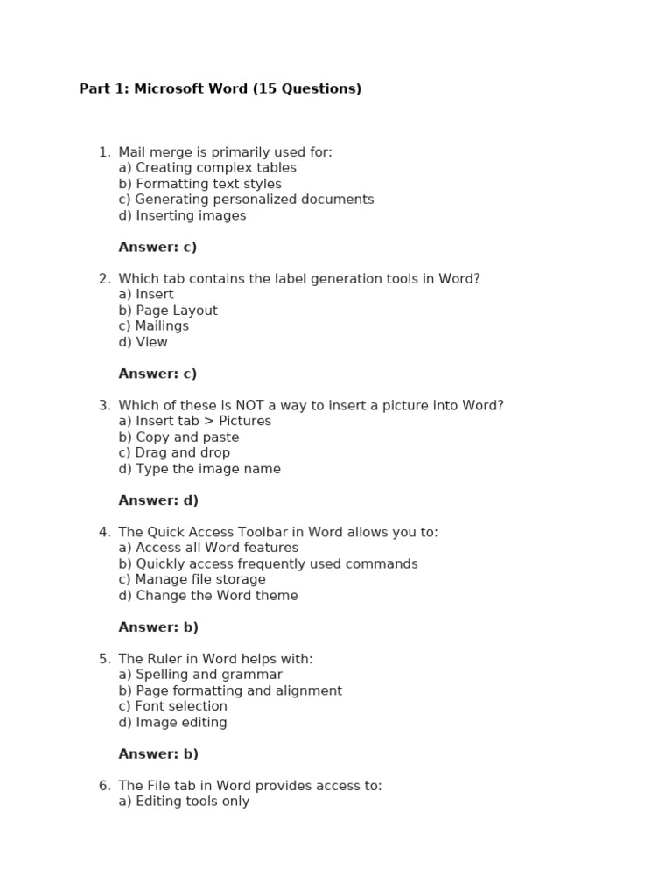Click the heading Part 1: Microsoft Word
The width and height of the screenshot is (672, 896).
pos(220,88)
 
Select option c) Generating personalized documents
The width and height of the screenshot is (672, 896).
pos(246,199)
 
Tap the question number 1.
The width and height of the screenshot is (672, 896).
pos(103,152)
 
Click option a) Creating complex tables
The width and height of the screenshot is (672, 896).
pos(207,168)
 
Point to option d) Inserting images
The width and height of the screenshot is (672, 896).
pos(182,215)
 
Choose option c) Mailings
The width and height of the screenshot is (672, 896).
pos(153,326)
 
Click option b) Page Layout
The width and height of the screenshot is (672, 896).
pos(168,311)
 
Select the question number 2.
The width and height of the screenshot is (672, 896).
pos(103,279)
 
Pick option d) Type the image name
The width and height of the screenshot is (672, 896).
pos(199,469)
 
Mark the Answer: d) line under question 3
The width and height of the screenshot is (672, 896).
pos(158,500)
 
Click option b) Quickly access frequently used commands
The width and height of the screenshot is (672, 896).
pos(268,564)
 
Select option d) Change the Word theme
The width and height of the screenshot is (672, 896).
pos(208,596)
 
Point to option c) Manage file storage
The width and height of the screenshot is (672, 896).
pos(192,580)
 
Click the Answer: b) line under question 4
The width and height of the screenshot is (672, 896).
pos(158,627)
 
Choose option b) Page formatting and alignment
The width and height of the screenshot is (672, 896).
pos(230,691)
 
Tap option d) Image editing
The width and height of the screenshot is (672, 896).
pos(172,723)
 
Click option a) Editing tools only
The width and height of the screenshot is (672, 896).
pos(184,801)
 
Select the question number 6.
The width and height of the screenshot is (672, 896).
pos(103,786)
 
